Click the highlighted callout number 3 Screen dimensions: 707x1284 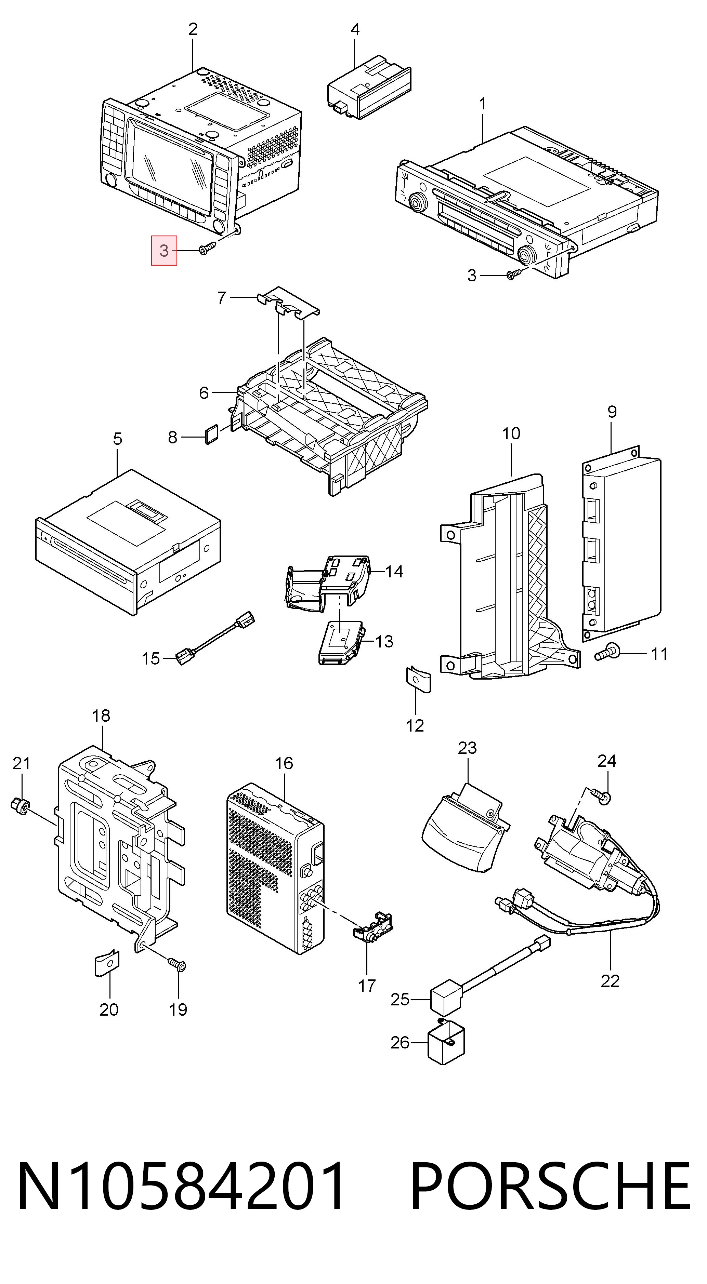164,251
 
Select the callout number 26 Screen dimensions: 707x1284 400,1042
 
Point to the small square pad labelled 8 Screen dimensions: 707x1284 211,434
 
